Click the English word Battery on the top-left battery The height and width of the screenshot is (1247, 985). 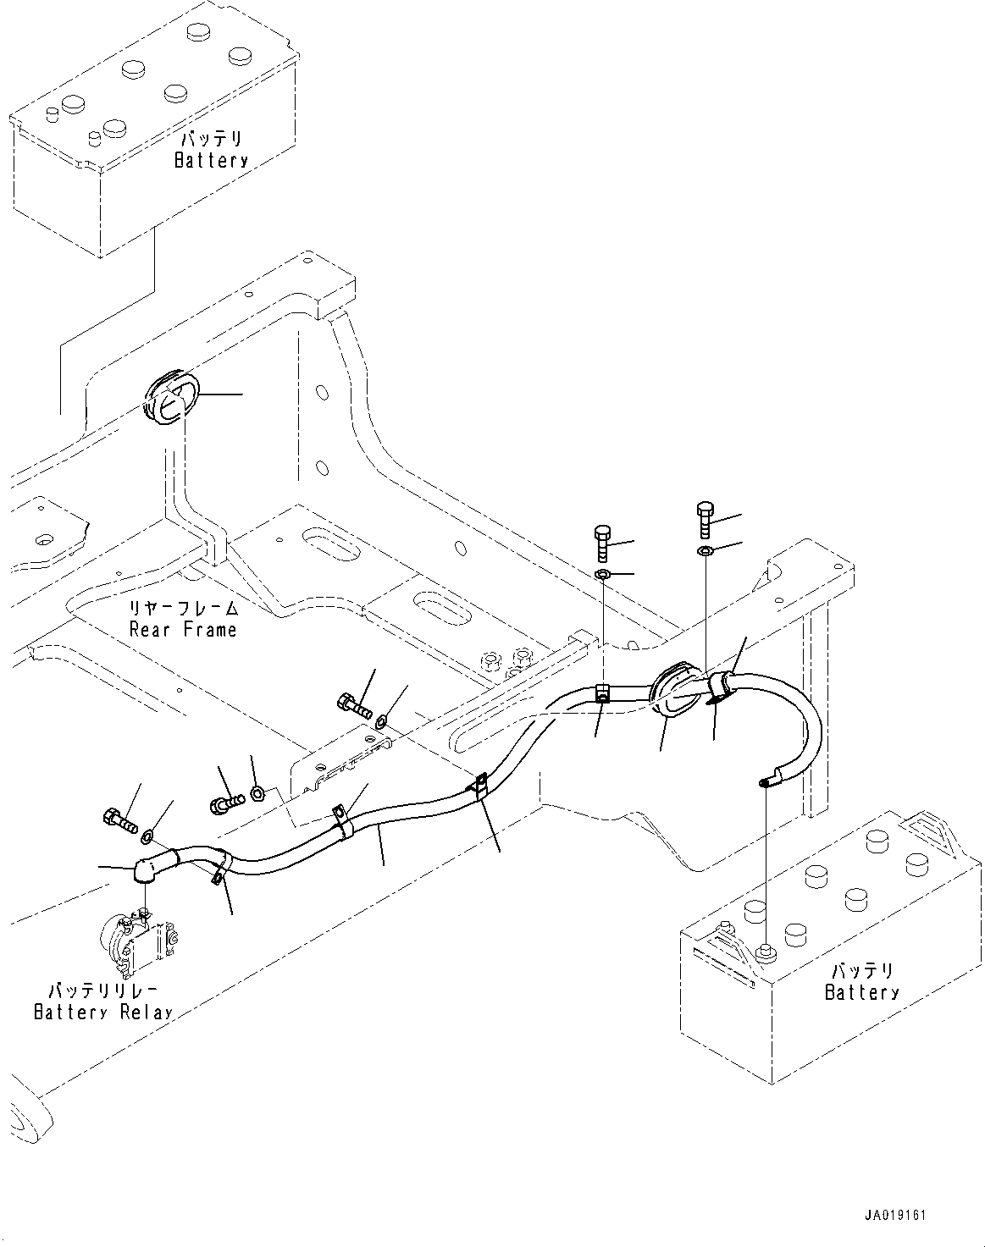click(x=211, y=160)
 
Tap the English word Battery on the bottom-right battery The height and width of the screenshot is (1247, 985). click(x=861, y=991)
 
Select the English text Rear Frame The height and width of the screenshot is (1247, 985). click(x=183, y=629)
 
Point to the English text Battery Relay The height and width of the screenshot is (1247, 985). click(x=102, y=1012)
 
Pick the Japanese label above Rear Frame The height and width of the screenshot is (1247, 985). click(x=183, y=609)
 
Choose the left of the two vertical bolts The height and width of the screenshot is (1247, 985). click(x=601, y=542)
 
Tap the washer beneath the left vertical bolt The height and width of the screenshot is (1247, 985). click(x=602, y=576)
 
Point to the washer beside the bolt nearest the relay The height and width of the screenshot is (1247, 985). click(x=147, y=837)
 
